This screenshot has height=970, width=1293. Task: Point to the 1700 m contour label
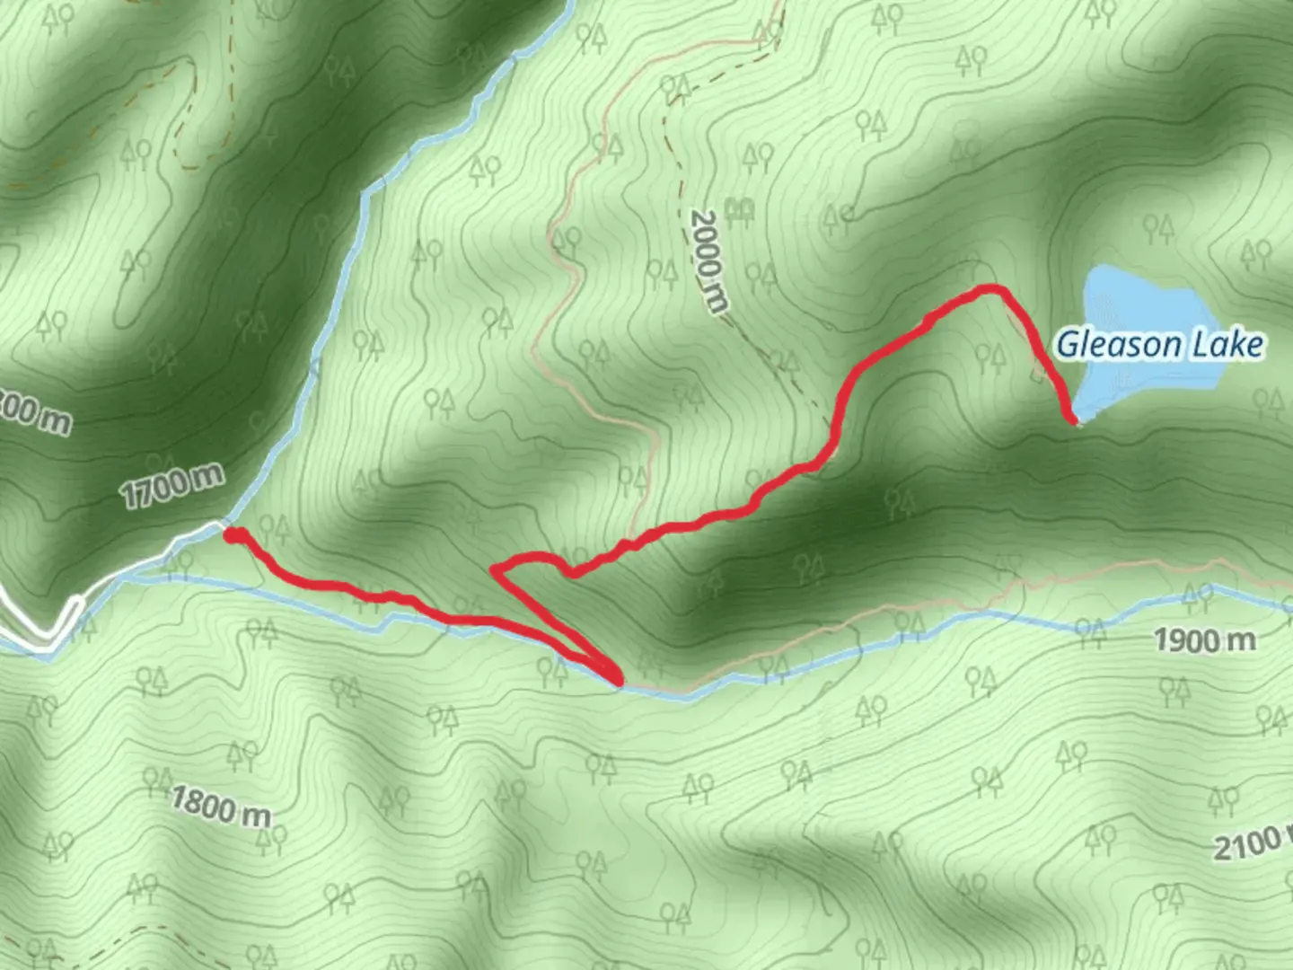coord(171,486)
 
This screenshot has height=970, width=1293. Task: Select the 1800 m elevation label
coord(220,806)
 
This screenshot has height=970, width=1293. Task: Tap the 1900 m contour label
coord(1204,640)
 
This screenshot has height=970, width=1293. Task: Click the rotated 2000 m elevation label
coord(708,260)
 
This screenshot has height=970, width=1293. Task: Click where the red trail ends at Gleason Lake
coord(1072,419)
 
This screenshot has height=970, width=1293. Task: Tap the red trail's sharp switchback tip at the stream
coord(618,680)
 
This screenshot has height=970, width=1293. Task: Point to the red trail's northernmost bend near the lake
coord(990,288)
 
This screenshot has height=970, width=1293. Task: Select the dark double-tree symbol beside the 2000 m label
coord(739,209)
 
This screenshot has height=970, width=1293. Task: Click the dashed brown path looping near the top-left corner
coord(184,117)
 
